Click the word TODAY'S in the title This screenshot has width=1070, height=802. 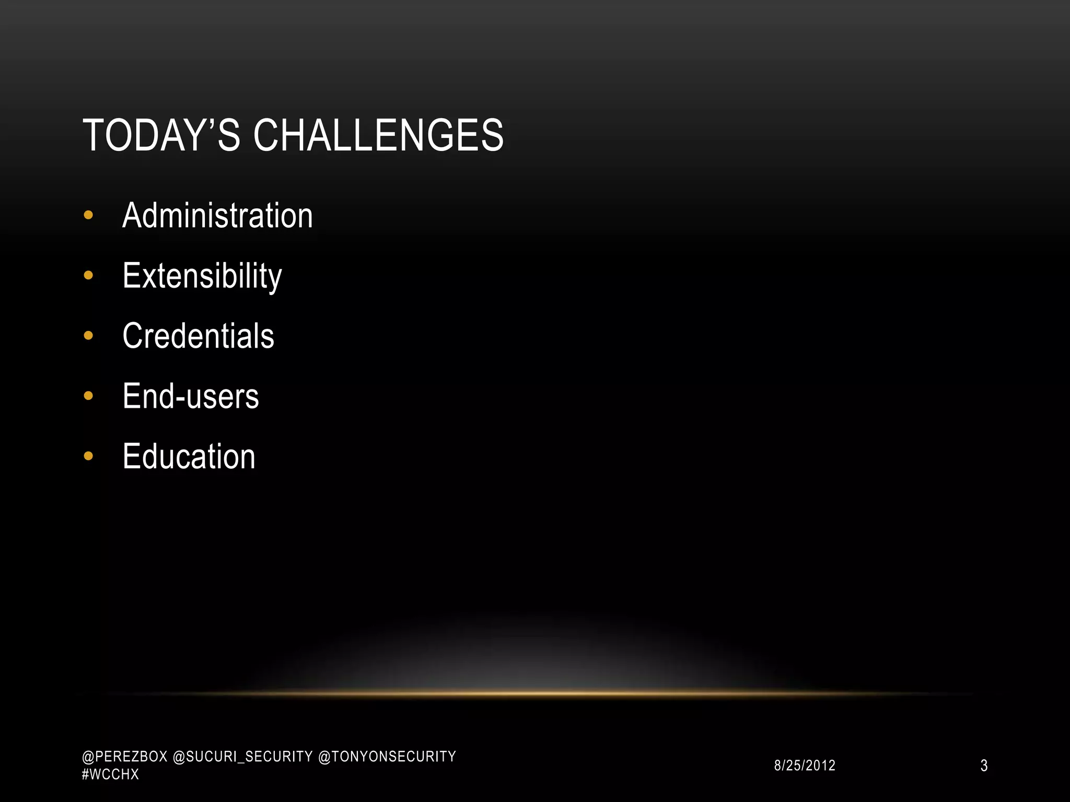[x=161, y=135]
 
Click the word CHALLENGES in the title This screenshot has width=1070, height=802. [x=378, y=135]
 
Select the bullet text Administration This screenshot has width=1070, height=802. [x=217, y=215]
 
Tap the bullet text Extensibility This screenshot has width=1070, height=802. [x=202, y=276]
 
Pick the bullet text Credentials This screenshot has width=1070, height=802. [x=198, y=336]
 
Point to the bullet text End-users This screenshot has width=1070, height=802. [x=191, y=396]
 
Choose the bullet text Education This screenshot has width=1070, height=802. [x=189, y=456]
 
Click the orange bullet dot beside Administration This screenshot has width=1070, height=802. [x=88, y=215]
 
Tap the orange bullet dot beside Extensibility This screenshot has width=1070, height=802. [x=88, y=275]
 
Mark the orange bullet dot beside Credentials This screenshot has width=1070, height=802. [x=88, y=336]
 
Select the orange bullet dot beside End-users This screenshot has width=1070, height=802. [x=88, y=396]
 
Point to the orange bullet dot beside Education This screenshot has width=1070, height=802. [x=88, y=456]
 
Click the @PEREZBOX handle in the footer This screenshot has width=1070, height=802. [x=124, y=757]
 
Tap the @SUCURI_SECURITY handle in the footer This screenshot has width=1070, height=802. [x=242, y=757]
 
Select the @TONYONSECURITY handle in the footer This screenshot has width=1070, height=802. [x=387, y=757]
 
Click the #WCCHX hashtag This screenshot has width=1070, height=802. [x=110, y=774]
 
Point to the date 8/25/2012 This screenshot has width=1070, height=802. [x=805, y=765]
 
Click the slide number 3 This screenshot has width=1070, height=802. [x=984, y=765]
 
